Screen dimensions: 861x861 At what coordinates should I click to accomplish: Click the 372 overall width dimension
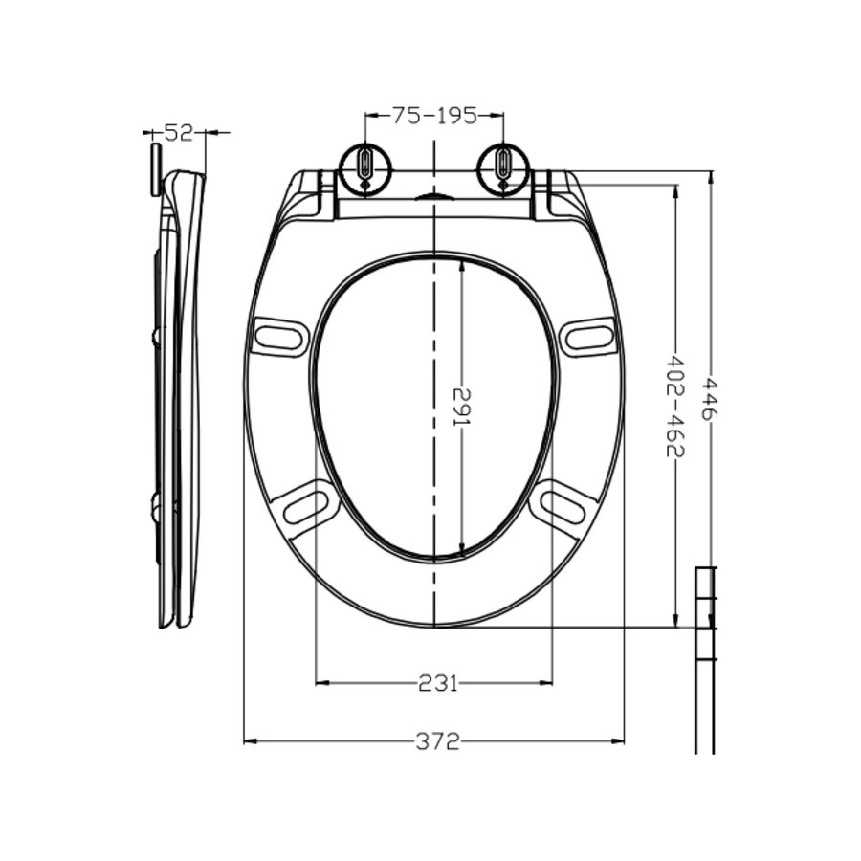[x=437, y=741]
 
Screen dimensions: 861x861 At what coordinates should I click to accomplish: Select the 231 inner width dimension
[x=437, y=682]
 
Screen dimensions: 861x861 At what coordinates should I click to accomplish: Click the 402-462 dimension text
[x=675, y=406]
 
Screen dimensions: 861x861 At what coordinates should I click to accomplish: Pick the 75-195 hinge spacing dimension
[x=434, y=116]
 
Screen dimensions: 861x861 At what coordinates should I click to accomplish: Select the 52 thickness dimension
[x=178, y=132]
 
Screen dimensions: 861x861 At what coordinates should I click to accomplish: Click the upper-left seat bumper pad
[x=279, y=336]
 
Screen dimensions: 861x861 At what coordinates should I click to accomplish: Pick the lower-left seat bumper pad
[x=307, y=503]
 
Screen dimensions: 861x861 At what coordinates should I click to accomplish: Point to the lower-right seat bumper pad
[x=563, y=503]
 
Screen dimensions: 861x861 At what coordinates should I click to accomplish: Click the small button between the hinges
[x=434, y=196]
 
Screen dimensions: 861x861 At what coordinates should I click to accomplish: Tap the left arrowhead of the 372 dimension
[x=250, y=741]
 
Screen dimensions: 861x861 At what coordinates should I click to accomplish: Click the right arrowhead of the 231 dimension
[x=547, y=682]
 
